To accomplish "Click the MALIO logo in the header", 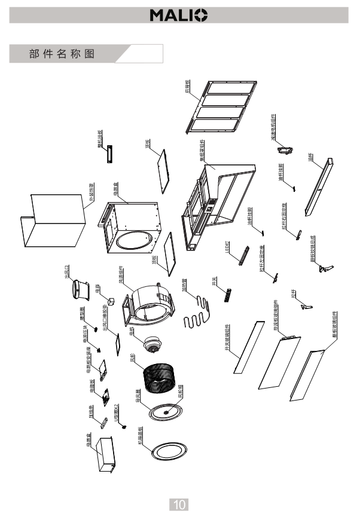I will coord(179,14).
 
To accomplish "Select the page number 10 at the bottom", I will coord(179,504).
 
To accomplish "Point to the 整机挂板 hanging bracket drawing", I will coord(110,153).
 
